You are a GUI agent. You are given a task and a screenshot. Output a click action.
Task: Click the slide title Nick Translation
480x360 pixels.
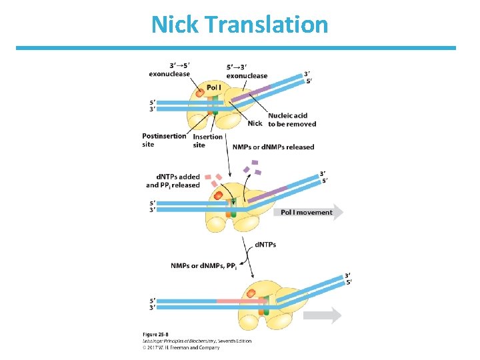pos(239,25)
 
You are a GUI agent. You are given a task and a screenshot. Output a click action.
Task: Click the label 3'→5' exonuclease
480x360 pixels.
pos(170,69)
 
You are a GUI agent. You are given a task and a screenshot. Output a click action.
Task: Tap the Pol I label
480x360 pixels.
pos(214,87)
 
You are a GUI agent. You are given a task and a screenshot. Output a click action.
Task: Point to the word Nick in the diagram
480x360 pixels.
pos(255,123)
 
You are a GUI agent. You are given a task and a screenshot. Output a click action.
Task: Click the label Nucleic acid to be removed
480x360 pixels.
pos(292,120)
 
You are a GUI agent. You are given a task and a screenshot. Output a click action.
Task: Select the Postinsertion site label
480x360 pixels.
pos(164,140)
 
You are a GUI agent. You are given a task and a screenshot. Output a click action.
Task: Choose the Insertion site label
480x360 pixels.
pos(207,141)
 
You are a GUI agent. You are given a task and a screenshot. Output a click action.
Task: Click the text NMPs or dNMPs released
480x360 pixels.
pos(273,147)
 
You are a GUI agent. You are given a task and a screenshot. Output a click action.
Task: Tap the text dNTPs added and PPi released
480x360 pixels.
pos(173,181)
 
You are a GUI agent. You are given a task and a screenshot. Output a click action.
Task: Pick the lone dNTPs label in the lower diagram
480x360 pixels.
pos(265,245)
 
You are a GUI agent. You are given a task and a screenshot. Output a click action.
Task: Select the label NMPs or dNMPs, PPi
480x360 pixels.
pos(204,266)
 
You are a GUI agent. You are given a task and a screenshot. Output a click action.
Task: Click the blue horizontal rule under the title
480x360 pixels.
pos(235,48)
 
